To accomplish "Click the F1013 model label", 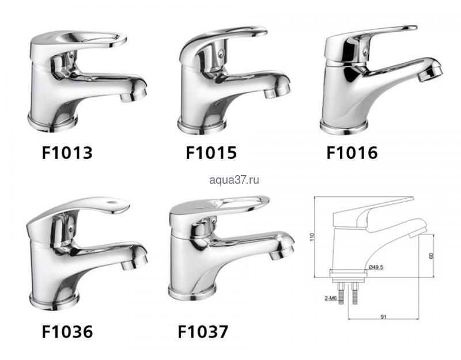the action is coord(67,153).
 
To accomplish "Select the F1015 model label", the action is coord(211,153).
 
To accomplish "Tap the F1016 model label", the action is coord(352,153).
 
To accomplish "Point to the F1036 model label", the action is coord(67,332).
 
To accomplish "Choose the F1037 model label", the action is coord(203,332).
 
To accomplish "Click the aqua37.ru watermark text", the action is coord(235,180).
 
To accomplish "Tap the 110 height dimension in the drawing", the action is coord(312,237).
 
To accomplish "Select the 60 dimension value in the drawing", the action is coord(431,256).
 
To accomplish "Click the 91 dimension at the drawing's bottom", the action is coord(383,317).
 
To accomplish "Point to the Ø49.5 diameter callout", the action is coord(376,267).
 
